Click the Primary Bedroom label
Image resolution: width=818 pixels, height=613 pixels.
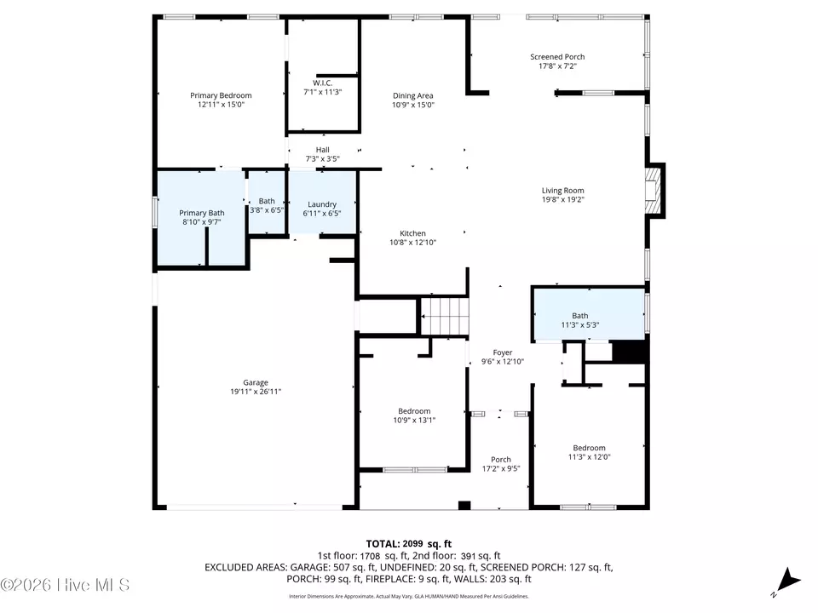pyautogui.click(x=221, y=95)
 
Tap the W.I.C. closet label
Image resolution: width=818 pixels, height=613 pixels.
pyautogui.click(x=322, y=83)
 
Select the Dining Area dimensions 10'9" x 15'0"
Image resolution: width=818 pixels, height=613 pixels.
pyautogui.click(x=413, y=105)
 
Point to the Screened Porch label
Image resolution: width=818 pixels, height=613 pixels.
pyautogui.click(x=557, y=57)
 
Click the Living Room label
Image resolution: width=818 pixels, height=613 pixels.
pyautogui.click(x=563, y=190)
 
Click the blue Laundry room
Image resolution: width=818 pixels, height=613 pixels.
pyautogui.click(x=322, y=203)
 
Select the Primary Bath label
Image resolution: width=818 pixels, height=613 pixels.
pyautogui.click(x=202, y=213)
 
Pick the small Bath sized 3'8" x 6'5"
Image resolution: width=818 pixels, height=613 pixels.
pyautogui.click(x=267, y=203)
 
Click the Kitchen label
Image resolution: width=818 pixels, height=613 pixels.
pyautogui.click(x=412, y=233)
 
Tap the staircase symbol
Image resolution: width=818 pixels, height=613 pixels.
pyautogui.click(x=445, y=316)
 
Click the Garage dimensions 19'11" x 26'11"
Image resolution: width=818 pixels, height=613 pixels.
pyautogui.click(x=256, y=392)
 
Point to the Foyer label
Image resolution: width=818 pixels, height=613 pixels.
pyautogui.click(x=503, y=352)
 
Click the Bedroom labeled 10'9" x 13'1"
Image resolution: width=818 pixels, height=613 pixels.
pyautogui.click(x=414, y=411)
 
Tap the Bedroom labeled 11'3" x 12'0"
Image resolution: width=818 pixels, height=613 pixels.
pyautogui.click(x=589, y=448)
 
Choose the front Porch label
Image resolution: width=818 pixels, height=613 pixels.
pyautogui.click(x=501, y=460)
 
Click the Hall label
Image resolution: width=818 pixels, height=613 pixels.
pyautogui.click(x=322, y=150)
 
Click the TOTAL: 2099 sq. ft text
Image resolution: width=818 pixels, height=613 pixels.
pyautogui.click(x=408, y=544)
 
